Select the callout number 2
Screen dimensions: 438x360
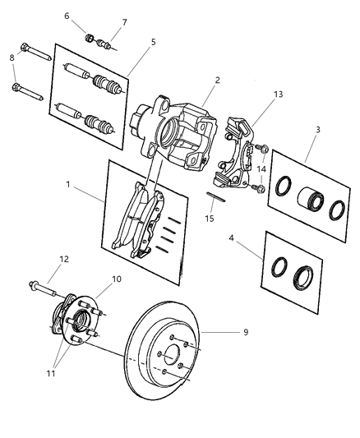217,81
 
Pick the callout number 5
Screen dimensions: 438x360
153,42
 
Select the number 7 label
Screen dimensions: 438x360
124,22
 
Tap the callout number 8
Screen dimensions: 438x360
12,58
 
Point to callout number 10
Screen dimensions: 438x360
116,279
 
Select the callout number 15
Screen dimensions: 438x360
209,219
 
